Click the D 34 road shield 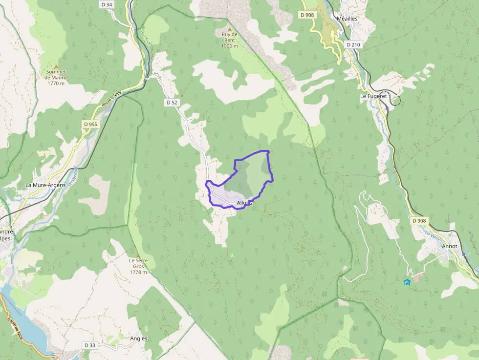click(x=106, y=4)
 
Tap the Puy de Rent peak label click(x=229, y=40)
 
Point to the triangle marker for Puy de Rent click(x=229, y=29)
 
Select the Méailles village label click(x=348, y=18)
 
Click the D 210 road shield click(x=353, y=44)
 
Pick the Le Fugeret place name click(x=373, y=96)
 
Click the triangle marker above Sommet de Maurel click(x=56, y=66)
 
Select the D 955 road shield click(x=90, y=124)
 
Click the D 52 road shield click(x=172, y=103)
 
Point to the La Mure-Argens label click(x=45, y=186)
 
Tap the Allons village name click(x=244, y=203)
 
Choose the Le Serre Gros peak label click(x=138, y=266)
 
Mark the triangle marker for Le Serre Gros click(x=138, y=255)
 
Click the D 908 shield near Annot click(x=419, y=221)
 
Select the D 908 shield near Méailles click(x=307, y=15)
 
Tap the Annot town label click(x=449, y=246)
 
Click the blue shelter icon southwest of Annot click(x=407, y=282)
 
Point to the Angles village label click(x=139, y=339)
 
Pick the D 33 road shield click(x=90, y=345)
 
